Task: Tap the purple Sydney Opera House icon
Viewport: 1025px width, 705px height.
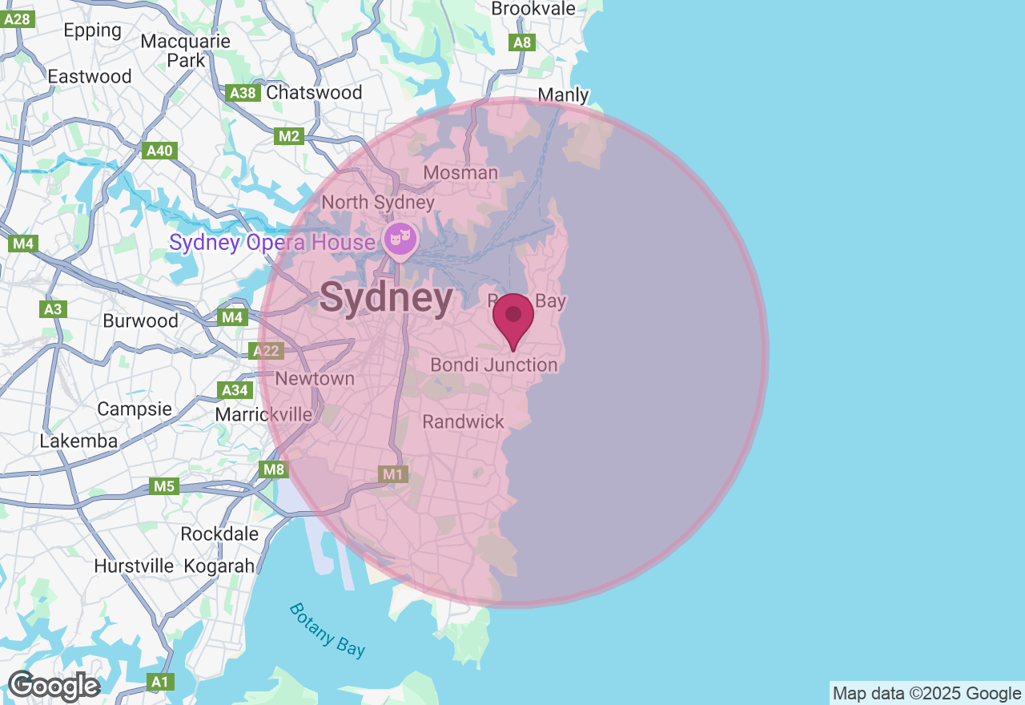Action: [x=400, y=239]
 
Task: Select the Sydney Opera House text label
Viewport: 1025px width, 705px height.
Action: [x=272, y=242]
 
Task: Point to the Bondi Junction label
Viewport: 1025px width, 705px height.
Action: [x=493, y=365]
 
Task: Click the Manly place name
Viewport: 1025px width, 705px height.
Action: [x=563, y=95]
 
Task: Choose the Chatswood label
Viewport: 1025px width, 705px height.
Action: [x=314, y=92]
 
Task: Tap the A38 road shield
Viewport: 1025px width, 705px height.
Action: [x=243, y=94]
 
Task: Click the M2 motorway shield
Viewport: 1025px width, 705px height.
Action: [x=288, y=136]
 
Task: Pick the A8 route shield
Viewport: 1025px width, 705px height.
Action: [x=522, y=42]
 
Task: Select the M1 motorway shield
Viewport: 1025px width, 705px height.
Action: [x=392, y=474]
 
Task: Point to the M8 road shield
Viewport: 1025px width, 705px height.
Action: [x=273, y=469]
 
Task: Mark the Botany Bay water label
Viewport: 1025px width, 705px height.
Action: [x=328, y=630]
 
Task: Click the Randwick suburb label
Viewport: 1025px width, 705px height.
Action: [x=463, y=421]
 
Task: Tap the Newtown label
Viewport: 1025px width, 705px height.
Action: [x=315, y=378]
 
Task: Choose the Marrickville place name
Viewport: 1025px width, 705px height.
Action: [x=263, y=414]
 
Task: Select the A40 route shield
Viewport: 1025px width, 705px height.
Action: [x=159, y=151]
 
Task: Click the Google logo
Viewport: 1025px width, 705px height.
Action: [x=54, y=687]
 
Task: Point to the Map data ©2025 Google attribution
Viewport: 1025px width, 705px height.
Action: [x=927, y=693]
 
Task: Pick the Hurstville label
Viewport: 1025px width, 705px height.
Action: [x=134, y=566]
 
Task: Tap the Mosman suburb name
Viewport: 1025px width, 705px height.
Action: [x=460, y=172]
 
